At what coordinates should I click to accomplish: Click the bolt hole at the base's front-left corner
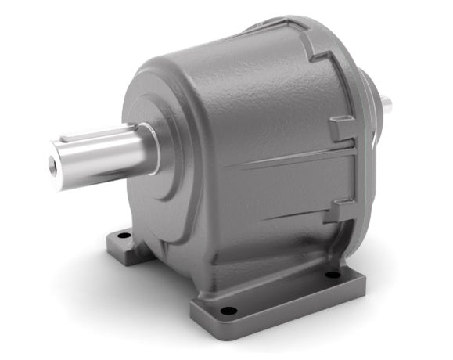pos(228,311)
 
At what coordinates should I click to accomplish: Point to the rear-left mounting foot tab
pos(117,243)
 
